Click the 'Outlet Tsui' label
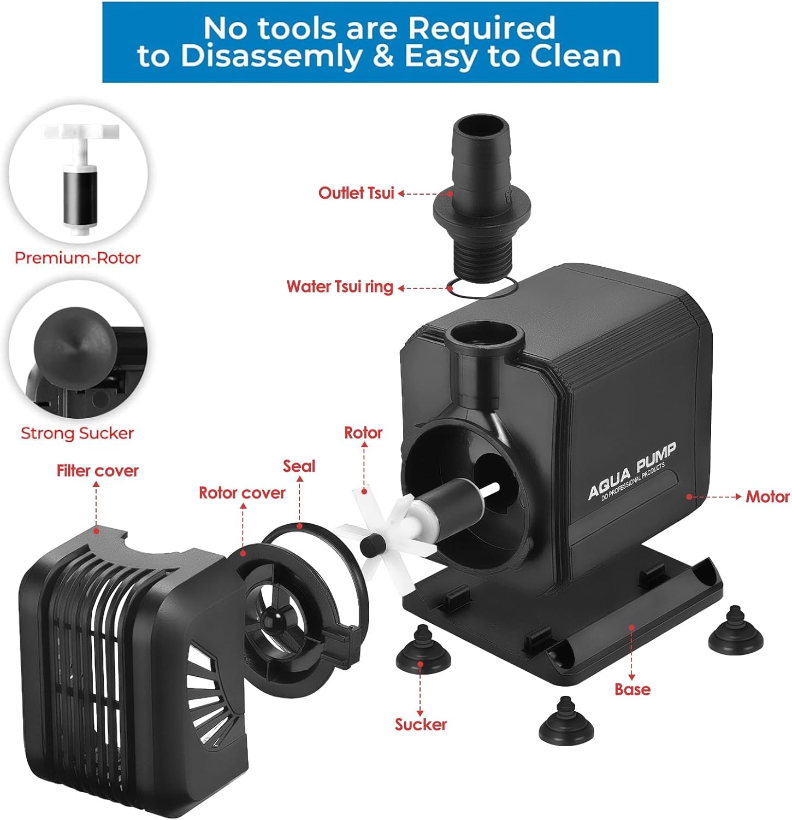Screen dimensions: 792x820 pos(356,193)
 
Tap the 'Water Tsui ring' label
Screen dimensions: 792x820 pos(340,286)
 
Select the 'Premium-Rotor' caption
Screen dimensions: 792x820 pos(78,258)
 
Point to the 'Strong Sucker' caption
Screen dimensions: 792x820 pos(77,434)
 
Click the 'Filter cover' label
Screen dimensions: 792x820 pos(98,471)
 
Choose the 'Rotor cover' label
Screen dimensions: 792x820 pos(242,493)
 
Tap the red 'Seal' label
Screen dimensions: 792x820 pos(299,466)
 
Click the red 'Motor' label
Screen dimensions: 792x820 pos(767,496)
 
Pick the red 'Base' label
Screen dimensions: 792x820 pos(632,689)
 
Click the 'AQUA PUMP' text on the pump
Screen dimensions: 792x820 pos(632,471)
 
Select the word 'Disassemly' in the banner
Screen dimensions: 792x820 pos(271,56)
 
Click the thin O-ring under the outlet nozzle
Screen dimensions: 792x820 pos(482,286)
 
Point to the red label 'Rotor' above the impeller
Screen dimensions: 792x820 pos(363,433)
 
